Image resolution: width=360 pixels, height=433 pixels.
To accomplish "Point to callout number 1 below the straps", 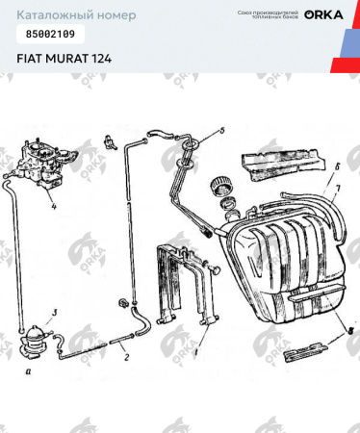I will tap(198, 352).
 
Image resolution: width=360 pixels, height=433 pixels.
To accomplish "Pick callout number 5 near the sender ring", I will tap(220, 129).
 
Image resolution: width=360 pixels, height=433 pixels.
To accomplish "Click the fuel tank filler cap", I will tap(229, 183).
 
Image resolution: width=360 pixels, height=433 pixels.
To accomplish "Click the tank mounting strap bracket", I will tap(183, 284).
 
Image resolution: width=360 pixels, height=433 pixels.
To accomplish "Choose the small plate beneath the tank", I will tap(305, 351).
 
